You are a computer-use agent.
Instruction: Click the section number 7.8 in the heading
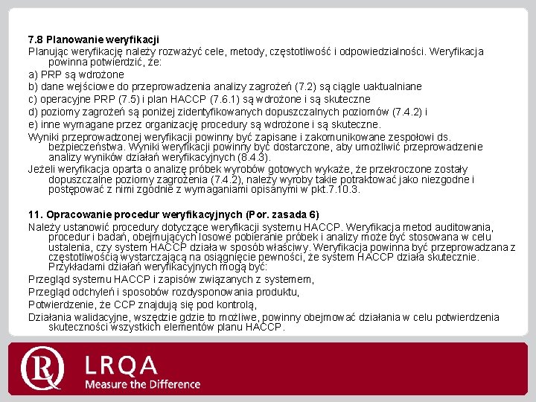click(36, 39)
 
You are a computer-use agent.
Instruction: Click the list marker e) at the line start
click(33, 124)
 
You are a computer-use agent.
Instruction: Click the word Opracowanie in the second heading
click(79, 214)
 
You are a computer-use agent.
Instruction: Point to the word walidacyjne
click(100, 316)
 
